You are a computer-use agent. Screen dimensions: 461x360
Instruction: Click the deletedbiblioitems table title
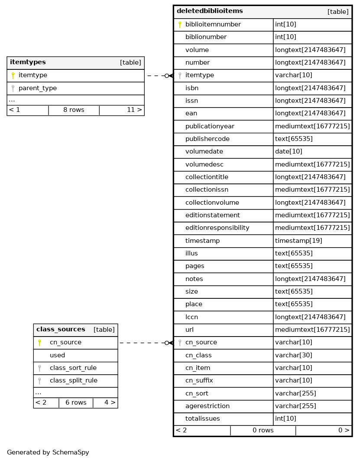tap(210, 11)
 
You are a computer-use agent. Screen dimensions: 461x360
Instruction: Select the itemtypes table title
tap(28, 62)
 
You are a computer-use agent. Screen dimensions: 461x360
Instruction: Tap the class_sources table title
tap(61, 330)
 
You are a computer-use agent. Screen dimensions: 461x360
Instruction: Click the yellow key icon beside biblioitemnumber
tap(180, 25)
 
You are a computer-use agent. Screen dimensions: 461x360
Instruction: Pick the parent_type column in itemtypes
tap(38, 88)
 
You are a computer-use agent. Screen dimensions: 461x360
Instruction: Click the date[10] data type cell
tap(289, 152)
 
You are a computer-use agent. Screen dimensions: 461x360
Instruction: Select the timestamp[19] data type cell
tap(298, 241)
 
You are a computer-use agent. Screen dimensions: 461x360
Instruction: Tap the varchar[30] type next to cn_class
tap(293, 355)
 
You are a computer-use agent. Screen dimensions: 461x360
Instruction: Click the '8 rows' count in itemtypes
tap(74, 110)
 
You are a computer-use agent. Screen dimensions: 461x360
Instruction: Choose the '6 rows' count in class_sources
tap(76, 402)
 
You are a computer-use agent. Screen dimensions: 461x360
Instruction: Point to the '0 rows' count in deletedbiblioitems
tap(263, 430)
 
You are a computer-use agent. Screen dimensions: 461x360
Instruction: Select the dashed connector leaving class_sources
tap(143, 343)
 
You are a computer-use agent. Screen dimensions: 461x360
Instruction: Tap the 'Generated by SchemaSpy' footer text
tap(48, 452)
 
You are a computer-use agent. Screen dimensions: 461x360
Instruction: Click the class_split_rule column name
tap(73, 381)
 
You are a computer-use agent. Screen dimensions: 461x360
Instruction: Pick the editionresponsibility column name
tap(217, 228)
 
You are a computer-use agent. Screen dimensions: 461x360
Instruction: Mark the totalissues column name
tap(202, 419)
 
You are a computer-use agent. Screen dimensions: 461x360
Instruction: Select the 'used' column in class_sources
tap(57, 355)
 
